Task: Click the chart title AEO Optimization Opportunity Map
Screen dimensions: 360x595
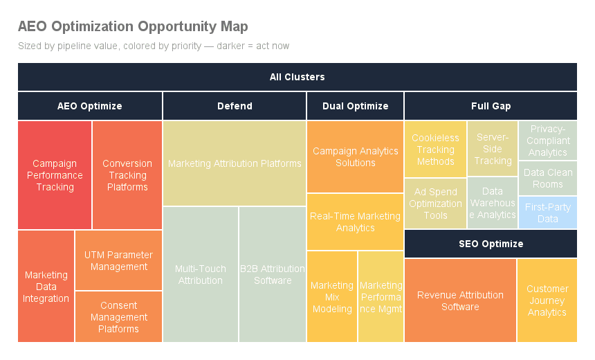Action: pos(132,27)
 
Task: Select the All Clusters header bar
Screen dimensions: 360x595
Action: pos(297,77)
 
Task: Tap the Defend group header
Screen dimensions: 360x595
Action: pos(235,106)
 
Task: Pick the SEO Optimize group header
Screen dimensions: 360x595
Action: pos(491,244)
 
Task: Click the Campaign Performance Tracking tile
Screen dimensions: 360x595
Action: pos(55,175)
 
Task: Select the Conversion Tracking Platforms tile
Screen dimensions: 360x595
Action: pos(127,175)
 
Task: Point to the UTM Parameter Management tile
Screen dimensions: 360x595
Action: pos(118,260)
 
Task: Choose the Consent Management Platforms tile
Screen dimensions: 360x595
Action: pos(118,316)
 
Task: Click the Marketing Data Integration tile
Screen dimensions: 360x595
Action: pos(46,286)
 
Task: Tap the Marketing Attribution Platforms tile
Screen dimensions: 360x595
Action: pos(235,163)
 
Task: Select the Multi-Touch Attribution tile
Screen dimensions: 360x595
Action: pos(200,274)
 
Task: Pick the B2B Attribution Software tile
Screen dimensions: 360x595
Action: pos(273,274)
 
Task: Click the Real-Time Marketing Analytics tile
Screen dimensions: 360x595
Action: pos(355,222)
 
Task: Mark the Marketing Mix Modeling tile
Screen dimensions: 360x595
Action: pos(332,296)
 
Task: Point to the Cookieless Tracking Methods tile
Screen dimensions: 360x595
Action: pos(435,149)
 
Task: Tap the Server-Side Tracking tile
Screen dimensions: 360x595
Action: pos(493,149)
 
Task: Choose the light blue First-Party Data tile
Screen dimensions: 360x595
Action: pos(547,213)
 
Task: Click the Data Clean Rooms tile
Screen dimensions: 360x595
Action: pos(547,178)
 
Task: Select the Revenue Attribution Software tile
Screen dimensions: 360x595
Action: pos(460,300)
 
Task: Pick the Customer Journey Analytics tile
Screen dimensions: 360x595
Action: pos(547,300)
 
